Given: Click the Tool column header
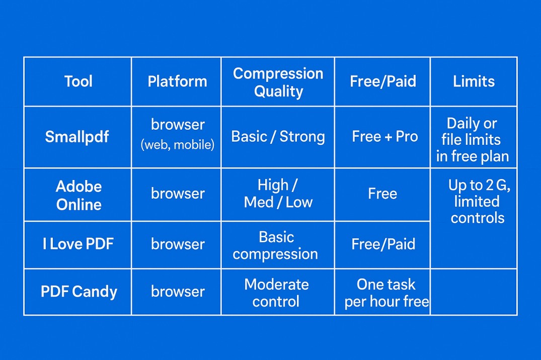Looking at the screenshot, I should (x=78, y=81).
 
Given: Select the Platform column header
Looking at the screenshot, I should (x=177, y=81).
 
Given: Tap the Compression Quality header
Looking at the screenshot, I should (x=278, y=82).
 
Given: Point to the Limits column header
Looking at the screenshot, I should (x=474, y=81).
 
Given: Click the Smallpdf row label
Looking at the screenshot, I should (x=77, y=137).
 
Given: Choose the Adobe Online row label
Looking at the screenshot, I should (x=79, y=195).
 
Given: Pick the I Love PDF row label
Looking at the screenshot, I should (x=78, y=244).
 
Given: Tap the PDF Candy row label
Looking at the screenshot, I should (x=79, y=292).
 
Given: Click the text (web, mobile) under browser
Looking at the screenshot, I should (x=177, y=145).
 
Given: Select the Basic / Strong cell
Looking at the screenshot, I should (x=278, y=137).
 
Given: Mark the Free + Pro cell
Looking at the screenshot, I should (x=384, y=137).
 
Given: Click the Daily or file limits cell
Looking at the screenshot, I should (x=473, y=140).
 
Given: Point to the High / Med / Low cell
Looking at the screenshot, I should (x=278, y=194).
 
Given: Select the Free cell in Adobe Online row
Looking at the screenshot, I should (x=382, y=194).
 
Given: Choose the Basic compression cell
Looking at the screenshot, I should (x=275, y=245).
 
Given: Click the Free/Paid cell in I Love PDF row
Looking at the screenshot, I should (x=383, y=244).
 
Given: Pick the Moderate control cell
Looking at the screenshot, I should (x=276, y=293).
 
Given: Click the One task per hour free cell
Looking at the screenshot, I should (x=386, y=293).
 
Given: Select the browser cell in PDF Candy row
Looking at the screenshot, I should (x=178, y=292).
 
